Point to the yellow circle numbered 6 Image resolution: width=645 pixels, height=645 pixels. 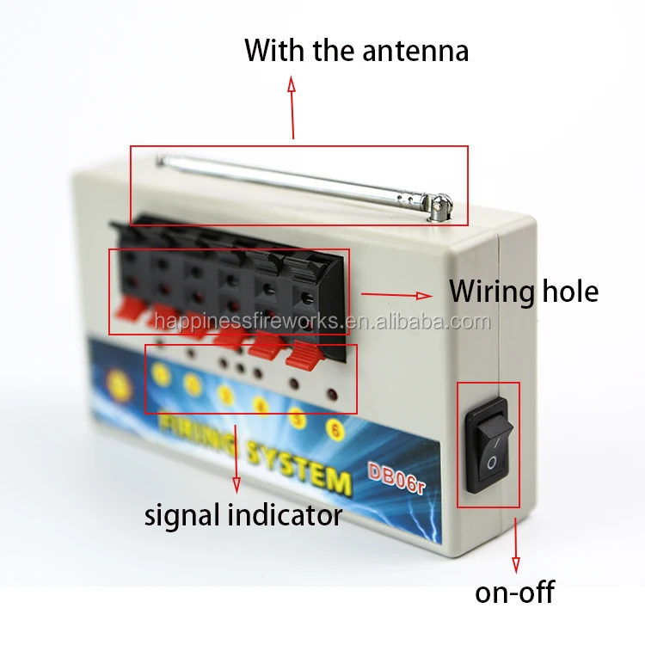335,427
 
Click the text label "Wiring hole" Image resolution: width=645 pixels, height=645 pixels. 523,292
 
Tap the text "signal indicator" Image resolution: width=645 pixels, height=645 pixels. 243,515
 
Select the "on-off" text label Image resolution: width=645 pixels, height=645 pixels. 514,592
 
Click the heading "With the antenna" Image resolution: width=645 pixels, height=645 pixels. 356,50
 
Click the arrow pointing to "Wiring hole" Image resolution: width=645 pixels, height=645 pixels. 396,295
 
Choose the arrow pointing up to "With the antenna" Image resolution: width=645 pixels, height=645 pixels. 292,107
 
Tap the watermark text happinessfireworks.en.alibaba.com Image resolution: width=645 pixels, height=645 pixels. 322,322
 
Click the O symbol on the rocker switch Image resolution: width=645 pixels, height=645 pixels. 490,464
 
